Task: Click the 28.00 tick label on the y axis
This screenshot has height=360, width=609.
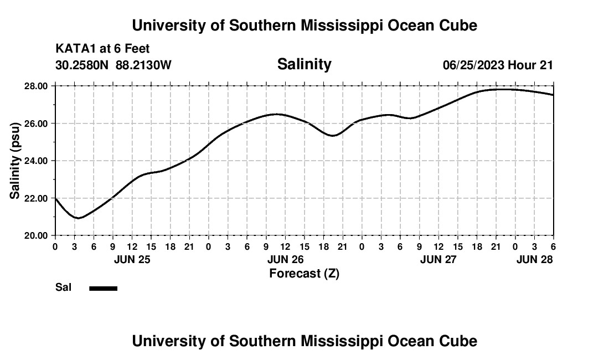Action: [35, 86]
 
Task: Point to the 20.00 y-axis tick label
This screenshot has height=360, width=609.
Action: [35, 235]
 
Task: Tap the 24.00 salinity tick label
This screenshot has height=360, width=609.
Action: [35, 161]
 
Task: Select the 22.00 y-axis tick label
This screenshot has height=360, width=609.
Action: [35, 198]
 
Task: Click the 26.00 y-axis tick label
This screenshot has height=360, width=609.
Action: [35, 123]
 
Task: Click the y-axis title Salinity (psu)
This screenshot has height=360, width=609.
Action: [16, 161]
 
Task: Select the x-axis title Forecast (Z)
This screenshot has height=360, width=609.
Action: [304, 273]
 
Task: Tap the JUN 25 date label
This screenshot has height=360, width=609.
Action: [132, 259]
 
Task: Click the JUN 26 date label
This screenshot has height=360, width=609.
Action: [285, 259]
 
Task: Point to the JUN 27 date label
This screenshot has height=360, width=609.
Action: [438, 259]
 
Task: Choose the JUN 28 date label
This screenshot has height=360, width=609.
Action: [534, 259]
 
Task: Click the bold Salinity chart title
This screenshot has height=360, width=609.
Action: [304, 64]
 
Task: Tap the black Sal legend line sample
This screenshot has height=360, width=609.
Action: [103, 288]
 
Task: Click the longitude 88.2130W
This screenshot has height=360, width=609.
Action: [144, 65]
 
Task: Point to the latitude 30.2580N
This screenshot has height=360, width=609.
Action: [82, 65]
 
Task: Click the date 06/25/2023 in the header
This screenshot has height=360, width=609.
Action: [473, 65]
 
